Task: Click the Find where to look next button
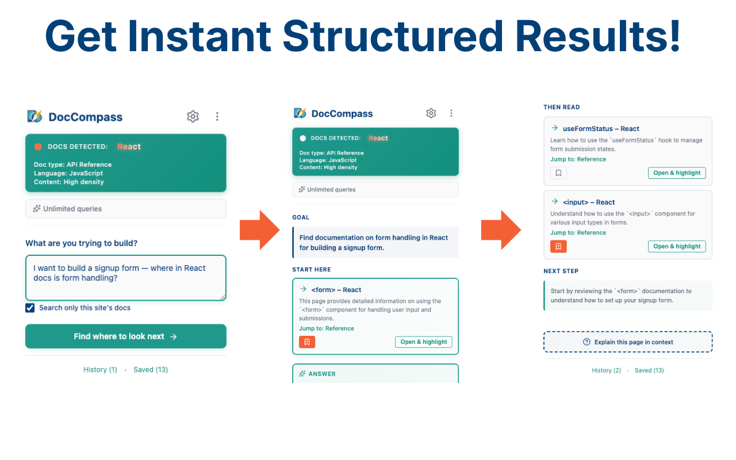(x=126, y=336)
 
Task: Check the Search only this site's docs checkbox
(x=30, y=308)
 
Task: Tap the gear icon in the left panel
(x=193, y=116)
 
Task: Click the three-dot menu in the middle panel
(x=451, y=113)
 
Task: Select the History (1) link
(x=100, y=370)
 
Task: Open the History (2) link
(x=606, y=370)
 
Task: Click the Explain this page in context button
(x=628, y=342)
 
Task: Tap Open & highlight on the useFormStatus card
(x=677, y=173)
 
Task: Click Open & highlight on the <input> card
(x=677, y=247)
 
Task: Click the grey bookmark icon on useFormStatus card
(x=558, y=173)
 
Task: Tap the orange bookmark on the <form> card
(x=307, y=342)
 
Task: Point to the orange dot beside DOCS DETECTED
(x=38, y=147)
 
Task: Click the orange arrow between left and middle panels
(x=259, y=230)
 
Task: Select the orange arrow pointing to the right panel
(x=501, y=230)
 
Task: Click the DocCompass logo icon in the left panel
(x=35, y=116)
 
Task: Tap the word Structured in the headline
(x=393, y=36)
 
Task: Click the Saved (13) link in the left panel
(x=151, y=370)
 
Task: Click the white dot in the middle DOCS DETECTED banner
(x=303, y=138)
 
